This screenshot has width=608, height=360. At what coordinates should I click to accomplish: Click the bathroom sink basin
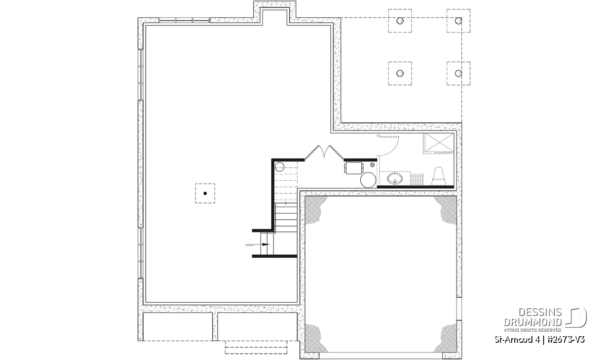click(x=395, y=179)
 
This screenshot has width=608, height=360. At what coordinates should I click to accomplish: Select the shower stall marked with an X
click(x=438, y=143)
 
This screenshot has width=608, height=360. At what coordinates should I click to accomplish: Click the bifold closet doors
click(x=324, y=152)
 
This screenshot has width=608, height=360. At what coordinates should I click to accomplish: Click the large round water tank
click(x=368, y=180)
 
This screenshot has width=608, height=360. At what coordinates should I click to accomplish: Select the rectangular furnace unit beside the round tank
click(x=354, y=168)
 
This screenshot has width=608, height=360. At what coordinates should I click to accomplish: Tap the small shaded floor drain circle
click(x=372, y=165)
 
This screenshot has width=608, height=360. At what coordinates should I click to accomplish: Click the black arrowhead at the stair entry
click(x=265, y=245)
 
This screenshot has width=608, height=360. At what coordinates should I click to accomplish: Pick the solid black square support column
click(x=205, y=193)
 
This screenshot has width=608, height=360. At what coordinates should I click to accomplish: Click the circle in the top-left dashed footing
click(x=400, y=21)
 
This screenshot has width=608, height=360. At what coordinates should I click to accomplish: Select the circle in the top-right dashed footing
click(x=459, y=21)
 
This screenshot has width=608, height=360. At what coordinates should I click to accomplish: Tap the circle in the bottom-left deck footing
click(x=400, y=73)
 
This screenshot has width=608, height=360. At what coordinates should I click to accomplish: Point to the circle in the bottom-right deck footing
click(x=459, y=73)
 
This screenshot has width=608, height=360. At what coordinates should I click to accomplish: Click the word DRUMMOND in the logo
click(x=533, y=322)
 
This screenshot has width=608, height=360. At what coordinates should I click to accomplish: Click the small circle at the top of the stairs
click(x=279, y=167)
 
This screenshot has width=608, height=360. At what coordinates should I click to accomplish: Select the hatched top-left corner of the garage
click(x=315, y=210)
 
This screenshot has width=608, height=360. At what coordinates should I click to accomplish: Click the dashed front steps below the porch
click(x=256, y=347)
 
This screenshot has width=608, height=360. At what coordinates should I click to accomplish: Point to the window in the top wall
click(x=184, y=20)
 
